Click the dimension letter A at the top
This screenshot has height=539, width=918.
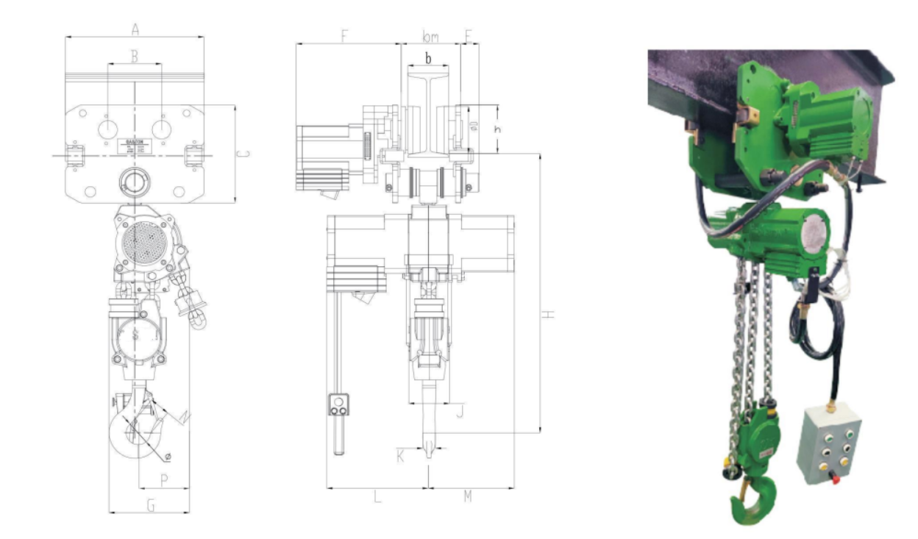pos(135,29)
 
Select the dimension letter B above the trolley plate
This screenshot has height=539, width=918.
pos(135,56)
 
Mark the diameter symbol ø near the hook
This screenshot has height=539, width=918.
pos(168,457)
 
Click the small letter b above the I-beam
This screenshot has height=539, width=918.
pos(428,57)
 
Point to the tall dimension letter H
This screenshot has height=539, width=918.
pos(548,315)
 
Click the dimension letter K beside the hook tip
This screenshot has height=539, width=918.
pos(401,456)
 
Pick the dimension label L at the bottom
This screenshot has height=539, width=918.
pos(377,497)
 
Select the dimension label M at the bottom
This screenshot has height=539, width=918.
pos(468,497)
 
